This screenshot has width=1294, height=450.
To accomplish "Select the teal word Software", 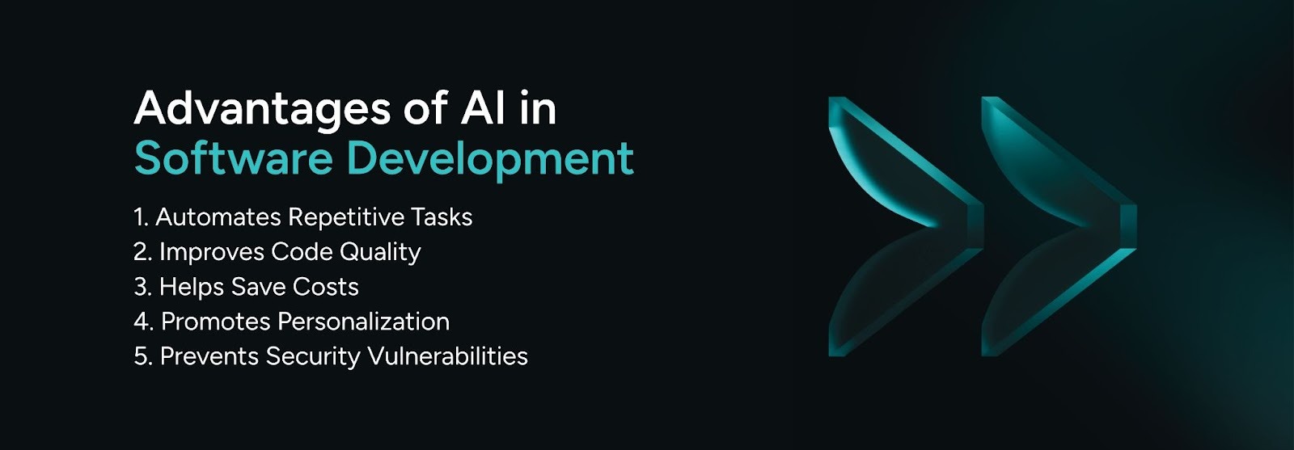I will pos(233,158).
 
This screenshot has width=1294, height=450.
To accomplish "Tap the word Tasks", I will pos(442,217).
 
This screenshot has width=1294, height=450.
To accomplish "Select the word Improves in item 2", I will pos(211,252).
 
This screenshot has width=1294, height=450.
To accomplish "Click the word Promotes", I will pos(216,322).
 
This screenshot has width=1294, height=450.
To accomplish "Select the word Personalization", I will pos(363,322).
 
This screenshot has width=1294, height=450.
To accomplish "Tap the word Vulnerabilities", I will pos(447,356).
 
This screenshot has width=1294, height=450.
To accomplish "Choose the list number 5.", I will pos(141,356).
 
